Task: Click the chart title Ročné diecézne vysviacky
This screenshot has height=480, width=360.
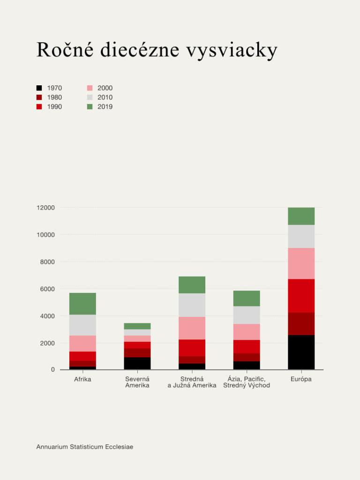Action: click(157, 51)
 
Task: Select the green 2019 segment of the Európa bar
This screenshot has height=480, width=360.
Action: click(301, 216)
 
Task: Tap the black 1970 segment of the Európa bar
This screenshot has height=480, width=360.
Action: click(301, 352)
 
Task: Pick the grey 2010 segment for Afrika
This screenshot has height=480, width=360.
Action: click(82, 325)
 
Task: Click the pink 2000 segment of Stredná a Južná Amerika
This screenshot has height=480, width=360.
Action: click(192, 328)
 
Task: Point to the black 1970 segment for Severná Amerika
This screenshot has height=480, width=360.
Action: click(137, 363)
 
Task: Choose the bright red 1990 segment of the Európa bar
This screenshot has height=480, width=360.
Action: click(301, 296)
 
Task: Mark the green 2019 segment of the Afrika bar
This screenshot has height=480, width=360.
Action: click(82, 304)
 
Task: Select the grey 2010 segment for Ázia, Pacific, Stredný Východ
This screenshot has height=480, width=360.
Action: click(247, 315)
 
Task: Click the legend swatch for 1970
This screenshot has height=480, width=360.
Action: click(39, 88)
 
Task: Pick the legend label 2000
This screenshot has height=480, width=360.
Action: click(105, 88)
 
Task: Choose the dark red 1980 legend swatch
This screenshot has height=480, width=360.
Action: click(39, 97)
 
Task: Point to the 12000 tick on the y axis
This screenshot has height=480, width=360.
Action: click(46, 208)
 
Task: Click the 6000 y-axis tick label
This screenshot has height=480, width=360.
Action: click(48, 289)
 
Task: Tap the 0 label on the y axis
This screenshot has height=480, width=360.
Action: click(52, 370)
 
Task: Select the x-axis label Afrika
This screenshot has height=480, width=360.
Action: click(82, 379)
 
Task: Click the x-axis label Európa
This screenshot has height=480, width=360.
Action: click(301, 379)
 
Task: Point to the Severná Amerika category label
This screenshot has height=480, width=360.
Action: click(137, 382)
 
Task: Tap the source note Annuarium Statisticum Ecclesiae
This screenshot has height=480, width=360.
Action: click(85, 447)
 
